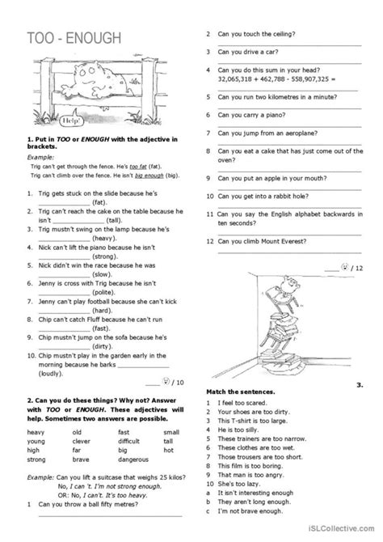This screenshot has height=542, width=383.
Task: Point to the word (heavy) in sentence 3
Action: tap(106, 239)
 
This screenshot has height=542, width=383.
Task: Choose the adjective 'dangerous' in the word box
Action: tap(134, 459)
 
